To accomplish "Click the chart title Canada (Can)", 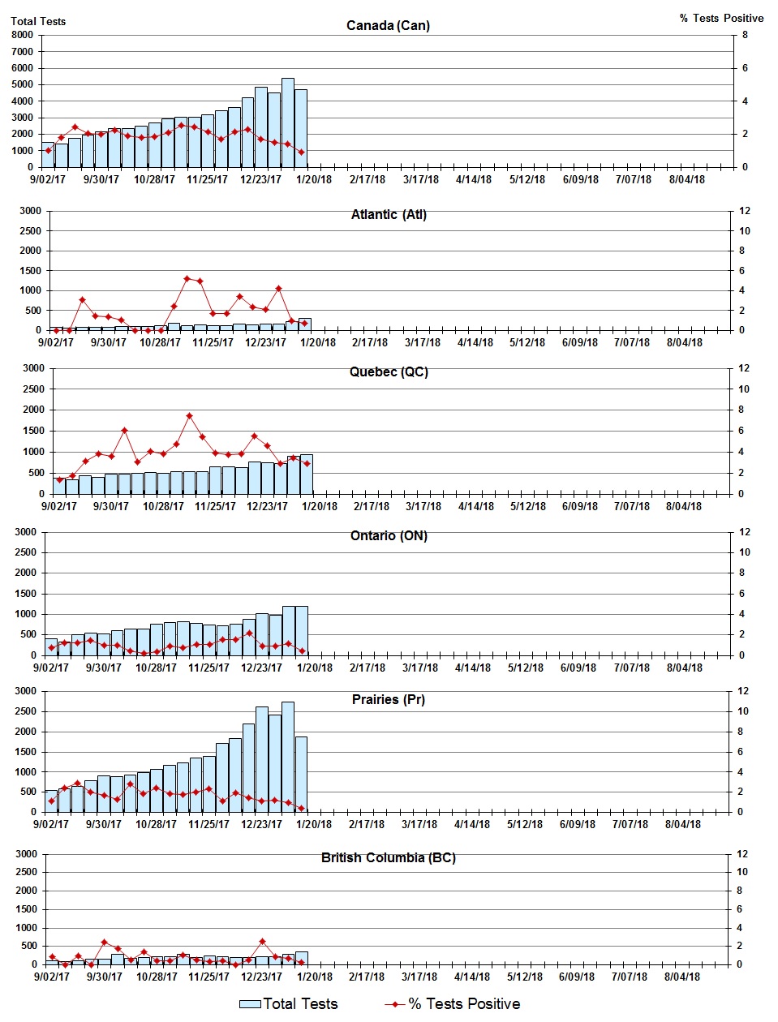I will tap(388, 25).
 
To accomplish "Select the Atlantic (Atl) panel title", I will tap(388, 214).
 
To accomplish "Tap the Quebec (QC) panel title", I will tap(389, 371).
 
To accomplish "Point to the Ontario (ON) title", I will tap(389, 535).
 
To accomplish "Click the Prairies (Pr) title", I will tap(388, 699).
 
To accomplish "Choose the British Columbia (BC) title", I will tap(388, 857).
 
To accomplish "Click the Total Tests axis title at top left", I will tap(38, 21).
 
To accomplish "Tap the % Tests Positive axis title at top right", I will tap(721, 18).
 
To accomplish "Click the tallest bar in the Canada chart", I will tap(287, 122).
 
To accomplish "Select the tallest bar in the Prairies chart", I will tap(287, 756).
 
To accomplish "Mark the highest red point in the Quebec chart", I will tap(189, 416).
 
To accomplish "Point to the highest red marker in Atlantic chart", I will tap(187, 278).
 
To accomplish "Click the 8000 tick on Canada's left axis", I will tap(22, 35).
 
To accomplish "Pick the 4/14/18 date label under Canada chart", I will tap(473, 179).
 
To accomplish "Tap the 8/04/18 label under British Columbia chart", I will tap(682, 977).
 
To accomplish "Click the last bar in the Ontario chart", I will tap(301, 630).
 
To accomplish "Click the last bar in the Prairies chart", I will tap(301, 774).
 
